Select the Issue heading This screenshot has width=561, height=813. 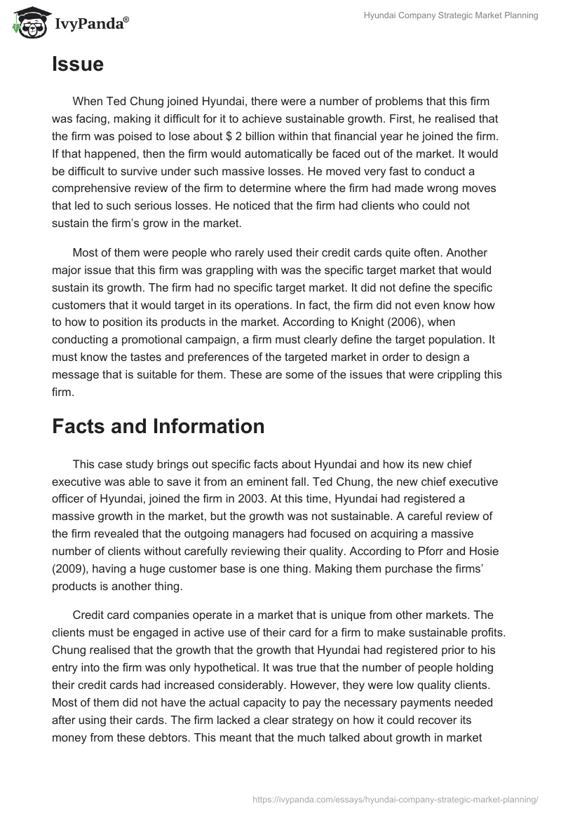coord(78,64)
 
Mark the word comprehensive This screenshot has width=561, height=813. coord(93,188)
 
